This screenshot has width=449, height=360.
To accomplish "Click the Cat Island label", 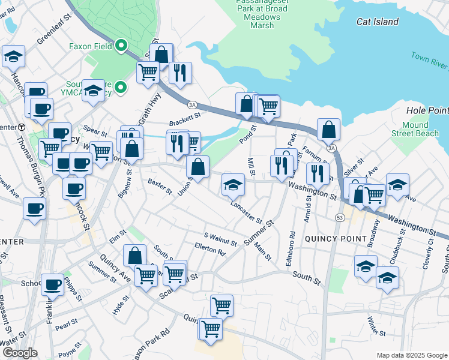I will (x=377, y=22).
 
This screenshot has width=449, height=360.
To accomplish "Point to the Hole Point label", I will (x=427, y=110).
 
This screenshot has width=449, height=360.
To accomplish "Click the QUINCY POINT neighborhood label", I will (x=336, y=238).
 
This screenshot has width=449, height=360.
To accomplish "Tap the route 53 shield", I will (x=340, y=217).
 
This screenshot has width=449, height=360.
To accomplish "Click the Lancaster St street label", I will (x=247, y=212).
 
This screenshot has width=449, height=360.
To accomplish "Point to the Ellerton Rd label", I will (x=209, y=249).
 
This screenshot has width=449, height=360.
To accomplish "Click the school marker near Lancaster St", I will (x=233, y=184).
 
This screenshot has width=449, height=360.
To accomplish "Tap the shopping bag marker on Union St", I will (x=197, y=166).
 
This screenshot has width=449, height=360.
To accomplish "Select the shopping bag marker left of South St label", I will (x=135, y=255).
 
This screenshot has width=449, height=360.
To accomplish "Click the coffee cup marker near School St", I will (x=52, y=284).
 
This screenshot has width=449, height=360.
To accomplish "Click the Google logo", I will (x=20, y=353).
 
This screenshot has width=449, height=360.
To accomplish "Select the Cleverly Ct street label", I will (x=430, y=255).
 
